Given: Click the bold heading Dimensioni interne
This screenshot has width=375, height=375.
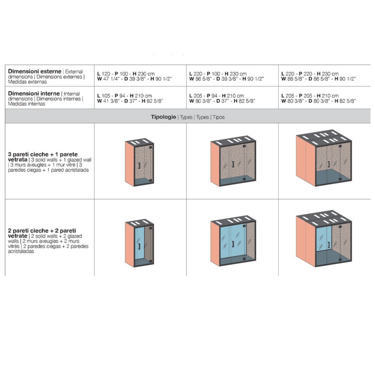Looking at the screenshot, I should point(34,94).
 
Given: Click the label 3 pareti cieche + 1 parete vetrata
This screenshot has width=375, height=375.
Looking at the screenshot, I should point(43,157).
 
